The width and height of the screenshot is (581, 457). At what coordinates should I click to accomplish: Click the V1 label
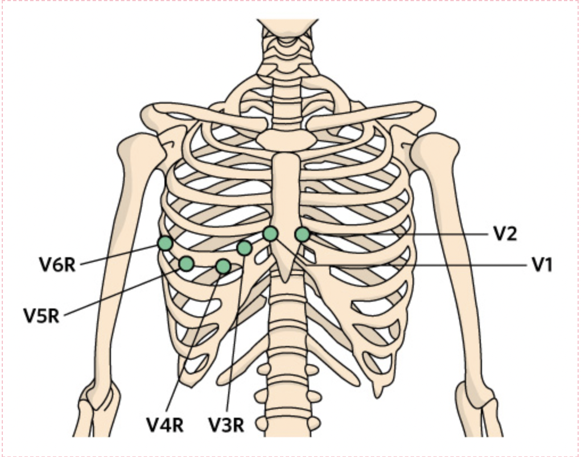coord(542,265)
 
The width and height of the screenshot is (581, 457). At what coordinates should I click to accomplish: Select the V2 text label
coord(505,234)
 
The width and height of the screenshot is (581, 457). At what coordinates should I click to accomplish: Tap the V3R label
coord(226,425)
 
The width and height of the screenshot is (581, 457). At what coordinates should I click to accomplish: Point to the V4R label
coord(165,425)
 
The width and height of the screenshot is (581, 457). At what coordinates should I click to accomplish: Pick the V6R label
coord(57,265)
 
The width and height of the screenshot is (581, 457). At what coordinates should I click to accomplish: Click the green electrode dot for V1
coord(270,233)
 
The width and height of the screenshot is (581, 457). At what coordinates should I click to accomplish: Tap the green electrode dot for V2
coord(302,234)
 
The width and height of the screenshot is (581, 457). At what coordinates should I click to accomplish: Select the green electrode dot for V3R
coord(244,248)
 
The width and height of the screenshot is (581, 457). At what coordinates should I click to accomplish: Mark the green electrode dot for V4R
coord(223,266)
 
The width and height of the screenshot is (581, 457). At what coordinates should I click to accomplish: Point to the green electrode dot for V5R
coord(186,264)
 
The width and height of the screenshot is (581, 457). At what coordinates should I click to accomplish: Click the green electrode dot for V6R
coord(165,244)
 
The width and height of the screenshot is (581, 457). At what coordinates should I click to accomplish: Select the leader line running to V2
coord(398,233)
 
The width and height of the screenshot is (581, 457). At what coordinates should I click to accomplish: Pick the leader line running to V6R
coord(120,254)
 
